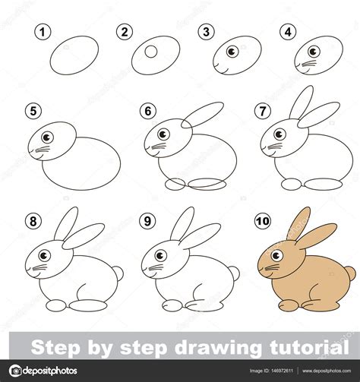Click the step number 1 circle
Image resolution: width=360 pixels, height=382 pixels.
(x=43, y=32)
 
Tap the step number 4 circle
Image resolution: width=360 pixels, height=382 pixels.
(x=288, y=32)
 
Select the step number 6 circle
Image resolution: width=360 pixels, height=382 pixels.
(x=148, y=111)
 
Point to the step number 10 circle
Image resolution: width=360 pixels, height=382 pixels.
(x=263, y=221)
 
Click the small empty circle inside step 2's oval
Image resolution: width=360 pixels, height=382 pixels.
(x=151, y=52)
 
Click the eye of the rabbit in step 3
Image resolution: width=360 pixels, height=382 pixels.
(x=232, y=52)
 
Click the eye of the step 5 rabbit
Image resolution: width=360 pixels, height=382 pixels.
(x=47, y=137)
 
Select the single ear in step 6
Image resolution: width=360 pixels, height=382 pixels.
(x=202, y=115)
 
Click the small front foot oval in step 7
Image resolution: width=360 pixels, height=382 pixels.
(x=292, y=185)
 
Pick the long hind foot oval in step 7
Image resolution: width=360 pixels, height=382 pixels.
(x=324, y=185)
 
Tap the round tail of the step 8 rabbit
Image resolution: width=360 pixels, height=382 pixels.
(x=118, y=273)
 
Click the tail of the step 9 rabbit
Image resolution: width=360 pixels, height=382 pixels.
(x=234, y=273)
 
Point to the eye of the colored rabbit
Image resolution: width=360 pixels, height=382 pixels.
(x=276, y=256)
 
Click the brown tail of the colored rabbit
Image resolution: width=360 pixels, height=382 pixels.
(x=350, y=273)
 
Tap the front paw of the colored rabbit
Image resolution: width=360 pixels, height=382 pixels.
(x=289, y=305)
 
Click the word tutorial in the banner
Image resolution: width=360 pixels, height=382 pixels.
(x=309, y=347)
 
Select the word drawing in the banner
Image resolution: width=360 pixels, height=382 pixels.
(x=218, y=349)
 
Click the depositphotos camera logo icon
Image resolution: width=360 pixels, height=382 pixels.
(x=15, y=371)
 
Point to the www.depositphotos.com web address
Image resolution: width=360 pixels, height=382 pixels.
(x=327, y=371)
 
